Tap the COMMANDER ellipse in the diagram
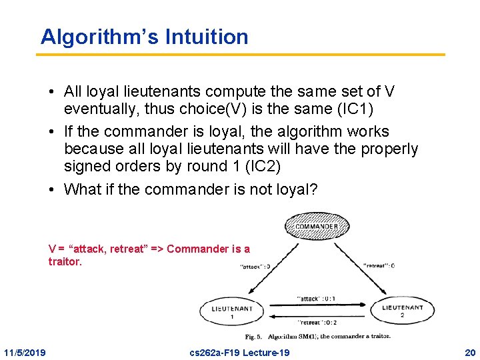(317, 227)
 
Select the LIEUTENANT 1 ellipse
(231, 312)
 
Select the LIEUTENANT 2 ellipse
(402, 311)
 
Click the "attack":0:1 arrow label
(317, 299)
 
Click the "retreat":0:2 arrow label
(317, 321)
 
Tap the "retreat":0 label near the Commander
(379, 265)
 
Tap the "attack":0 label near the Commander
(255, 267)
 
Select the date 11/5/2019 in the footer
(25, 352)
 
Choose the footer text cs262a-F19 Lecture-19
(240, 352)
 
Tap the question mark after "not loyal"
(313, 189)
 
